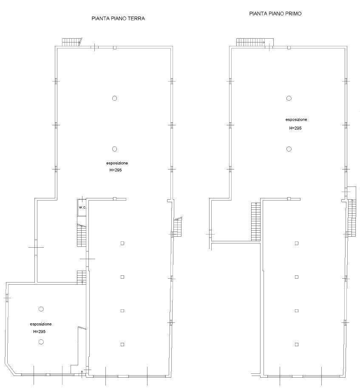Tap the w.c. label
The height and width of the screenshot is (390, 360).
(x=82, y=207)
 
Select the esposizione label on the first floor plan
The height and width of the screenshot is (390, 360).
(x=296, y=120)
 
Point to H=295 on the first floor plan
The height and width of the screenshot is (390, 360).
(x=295, y=128)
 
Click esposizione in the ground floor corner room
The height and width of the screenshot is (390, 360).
(x=41, y=324)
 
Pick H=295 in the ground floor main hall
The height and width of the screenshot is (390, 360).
(x=116, y=170)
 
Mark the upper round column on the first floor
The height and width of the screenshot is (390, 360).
(x=289, y=98)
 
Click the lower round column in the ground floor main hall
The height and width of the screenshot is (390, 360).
(x=114, y=149)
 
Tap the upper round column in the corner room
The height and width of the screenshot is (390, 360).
(x=41, y=309)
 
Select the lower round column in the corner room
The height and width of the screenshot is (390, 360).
(x=41, y=342)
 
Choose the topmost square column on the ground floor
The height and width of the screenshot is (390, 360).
(x=122, y=243)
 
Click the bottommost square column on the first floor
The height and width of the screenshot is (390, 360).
(x=297, y=345)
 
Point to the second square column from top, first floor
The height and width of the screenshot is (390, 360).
(x=297, y=277)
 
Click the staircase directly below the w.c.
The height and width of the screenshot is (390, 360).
(x=82, y=235)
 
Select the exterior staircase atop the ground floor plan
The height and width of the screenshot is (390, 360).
(x=72, y=42)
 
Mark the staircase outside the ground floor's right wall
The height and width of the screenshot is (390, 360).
(x=178, y=227)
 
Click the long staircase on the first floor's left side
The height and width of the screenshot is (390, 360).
(x=256, y=222)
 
